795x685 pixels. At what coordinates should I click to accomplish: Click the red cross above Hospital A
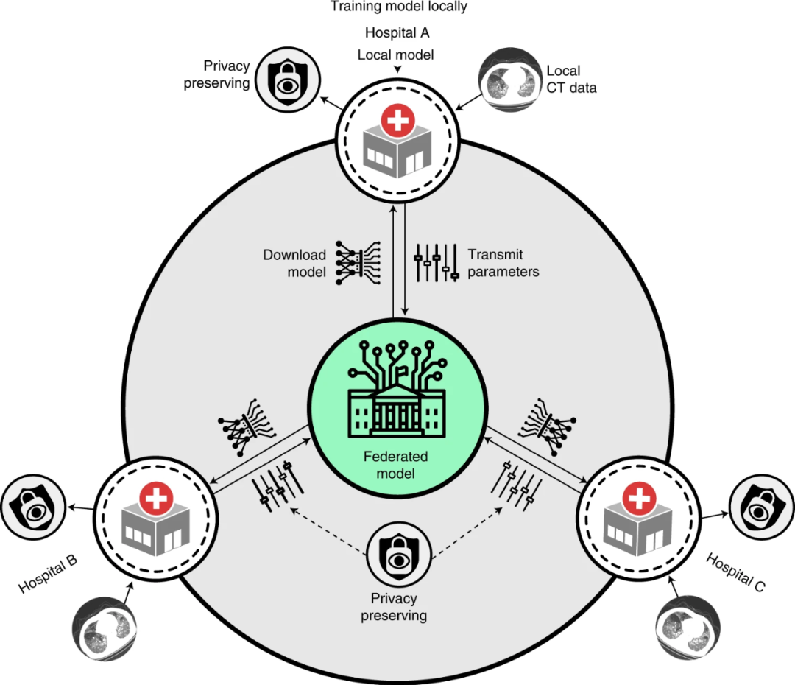398,120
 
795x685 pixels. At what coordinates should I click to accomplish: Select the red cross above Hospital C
640,499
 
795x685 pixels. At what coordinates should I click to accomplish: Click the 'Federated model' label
396,465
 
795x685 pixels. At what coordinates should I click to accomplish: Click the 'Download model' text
295,263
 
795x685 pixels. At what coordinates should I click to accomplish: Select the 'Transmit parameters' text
504,263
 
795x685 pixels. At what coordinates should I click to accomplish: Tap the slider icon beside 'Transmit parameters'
437,261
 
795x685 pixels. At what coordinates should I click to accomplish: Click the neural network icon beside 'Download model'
356,262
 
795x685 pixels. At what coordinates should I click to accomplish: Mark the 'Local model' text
396,55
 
